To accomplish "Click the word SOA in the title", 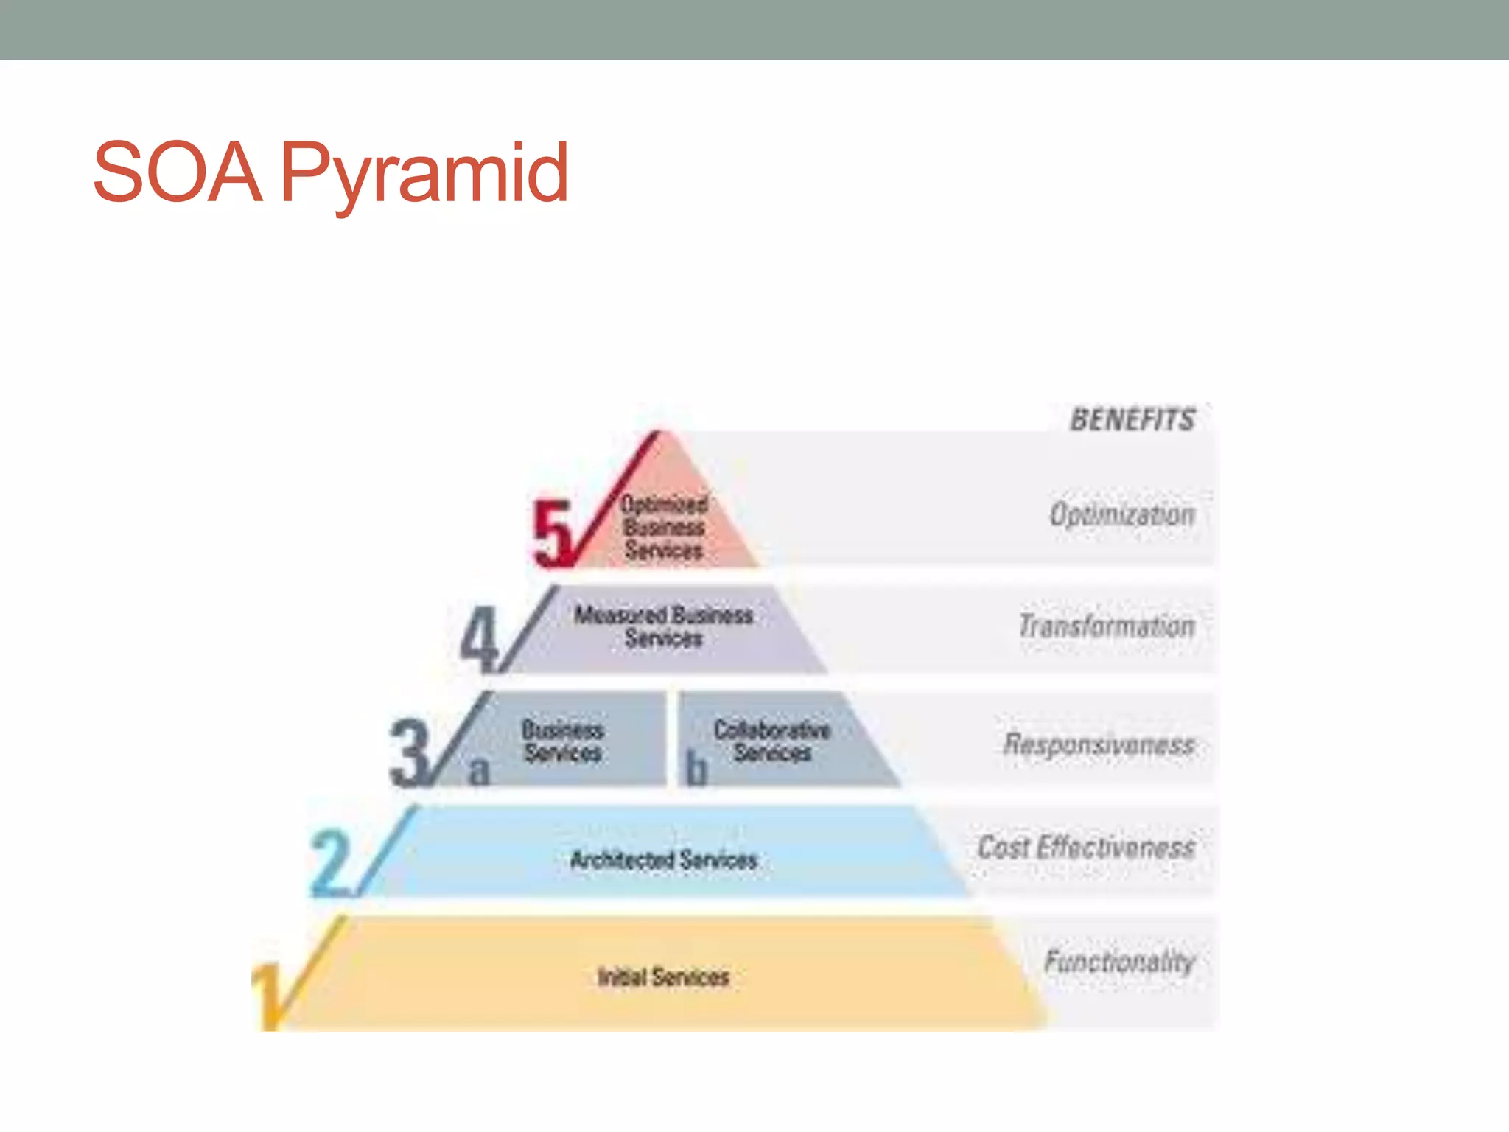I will point(178,173).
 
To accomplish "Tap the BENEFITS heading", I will point(1132,420).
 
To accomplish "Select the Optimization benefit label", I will point(1122,514).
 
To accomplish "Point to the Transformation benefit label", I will point(1107,626).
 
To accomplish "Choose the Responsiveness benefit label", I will point(1099,744).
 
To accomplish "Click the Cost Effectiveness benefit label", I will point(1086,848).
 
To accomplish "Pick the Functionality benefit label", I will point(1119,962).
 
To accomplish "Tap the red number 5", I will point(553,533).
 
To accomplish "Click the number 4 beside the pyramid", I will point(479,638).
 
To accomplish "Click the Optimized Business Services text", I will point(664,528).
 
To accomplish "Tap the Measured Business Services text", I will point(664,626).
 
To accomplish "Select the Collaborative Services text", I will point(772,741).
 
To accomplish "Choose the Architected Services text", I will point(664,860).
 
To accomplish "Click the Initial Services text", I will point(663,977).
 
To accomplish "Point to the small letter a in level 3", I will point(479,771).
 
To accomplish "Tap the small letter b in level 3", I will point(696,769).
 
